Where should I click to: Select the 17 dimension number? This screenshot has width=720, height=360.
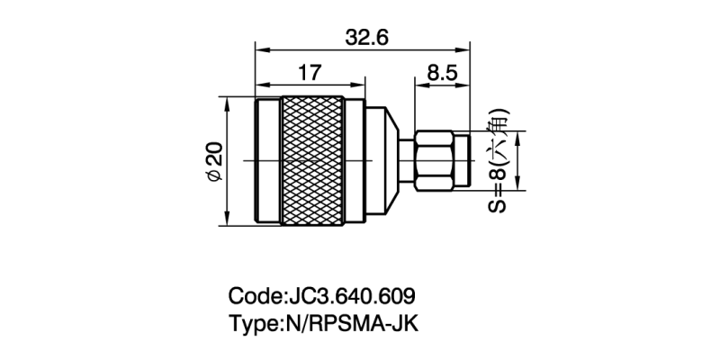(310, 72)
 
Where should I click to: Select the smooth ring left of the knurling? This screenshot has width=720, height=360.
(268, 160)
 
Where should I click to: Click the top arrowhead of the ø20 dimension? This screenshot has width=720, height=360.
(226, 102)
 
